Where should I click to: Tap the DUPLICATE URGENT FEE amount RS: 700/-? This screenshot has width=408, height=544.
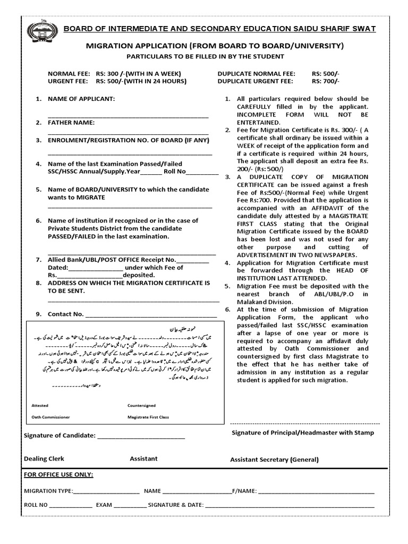[326, 81]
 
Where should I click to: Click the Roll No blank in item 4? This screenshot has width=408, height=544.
[202, 172]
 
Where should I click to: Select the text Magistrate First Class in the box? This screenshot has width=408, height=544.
[148, 417]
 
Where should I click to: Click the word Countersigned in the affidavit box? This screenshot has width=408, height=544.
[141, 405]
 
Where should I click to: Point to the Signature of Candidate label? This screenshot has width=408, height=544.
[59, 436]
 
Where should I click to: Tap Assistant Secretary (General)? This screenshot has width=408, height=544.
[274, 460]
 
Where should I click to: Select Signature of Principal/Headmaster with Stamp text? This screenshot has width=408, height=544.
[302, 432]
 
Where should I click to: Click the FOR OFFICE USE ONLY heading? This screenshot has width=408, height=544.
[58, 474]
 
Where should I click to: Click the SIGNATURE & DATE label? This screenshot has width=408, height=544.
[176, 505]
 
